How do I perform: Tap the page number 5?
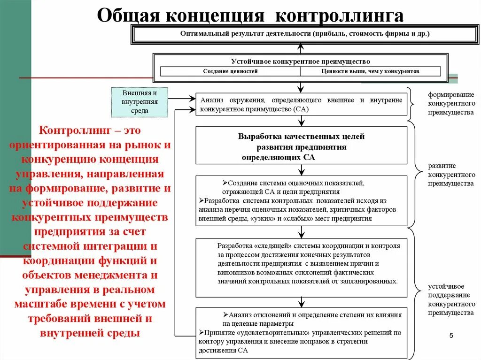point(451,335)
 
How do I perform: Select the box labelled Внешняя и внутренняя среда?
point(140,102)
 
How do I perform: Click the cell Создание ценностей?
point(230,71)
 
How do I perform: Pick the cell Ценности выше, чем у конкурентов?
point(370,71)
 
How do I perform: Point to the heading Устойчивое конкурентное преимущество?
point(301,61)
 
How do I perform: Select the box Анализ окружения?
point(301,104)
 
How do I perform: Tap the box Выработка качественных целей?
point(301,145)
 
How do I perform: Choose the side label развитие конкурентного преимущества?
point(451,175)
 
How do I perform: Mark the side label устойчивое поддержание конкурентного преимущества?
point(451,299)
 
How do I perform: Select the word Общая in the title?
point(124,15)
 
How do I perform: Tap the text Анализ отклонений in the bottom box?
point(256,314)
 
